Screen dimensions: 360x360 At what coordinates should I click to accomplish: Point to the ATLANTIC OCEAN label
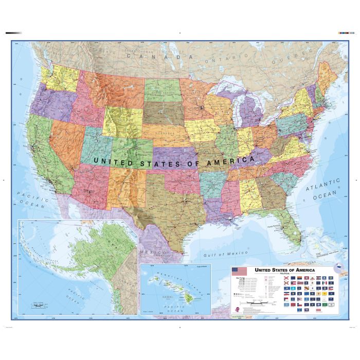[323, 188]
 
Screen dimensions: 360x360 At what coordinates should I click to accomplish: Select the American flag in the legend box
[239, 271]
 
